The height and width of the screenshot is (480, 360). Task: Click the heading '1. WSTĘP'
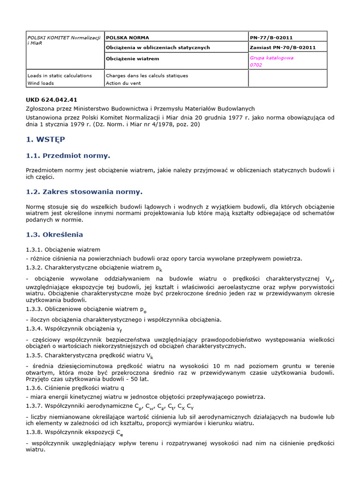point(45,139)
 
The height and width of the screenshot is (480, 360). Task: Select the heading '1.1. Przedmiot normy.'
point(67,155)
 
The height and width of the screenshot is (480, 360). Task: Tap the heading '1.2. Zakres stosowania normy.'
point(83,191)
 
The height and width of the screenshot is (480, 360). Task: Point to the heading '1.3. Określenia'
point(54,234)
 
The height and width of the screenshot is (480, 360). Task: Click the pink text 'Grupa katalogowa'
point(272,58)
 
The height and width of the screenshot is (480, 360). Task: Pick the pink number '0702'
point(256,65)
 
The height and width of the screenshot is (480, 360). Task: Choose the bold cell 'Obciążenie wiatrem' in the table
point(133,59)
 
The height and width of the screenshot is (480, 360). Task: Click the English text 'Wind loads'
point(41,83)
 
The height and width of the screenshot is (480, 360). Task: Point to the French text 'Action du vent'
point(124,83)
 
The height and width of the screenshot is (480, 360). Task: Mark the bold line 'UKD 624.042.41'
point(52,100)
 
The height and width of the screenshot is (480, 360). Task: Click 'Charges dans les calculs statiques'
point(147,75)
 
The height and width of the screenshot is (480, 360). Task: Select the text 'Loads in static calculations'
point(60,75)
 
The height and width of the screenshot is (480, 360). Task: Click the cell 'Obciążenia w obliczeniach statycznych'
point(158,47)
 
